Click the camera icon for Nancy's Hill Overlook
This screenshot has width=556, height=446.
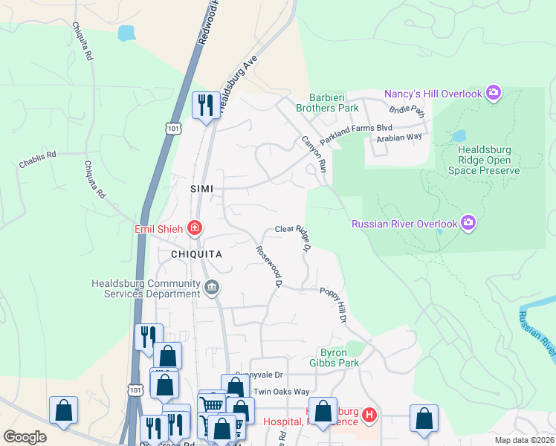(x=493, y=93)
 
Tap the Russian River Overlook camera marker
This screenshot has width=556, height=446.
(x=468, y=222)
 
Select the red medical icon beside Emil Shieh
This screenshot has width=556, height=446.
(x=194, y=228)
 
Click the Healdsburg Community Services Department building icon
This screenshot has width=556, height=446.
(x=213, y=288)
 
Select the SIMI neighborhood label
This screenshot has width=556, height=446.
(x=202, y=190)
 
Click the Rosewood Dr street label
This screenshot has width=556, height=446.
(x=270, y=266)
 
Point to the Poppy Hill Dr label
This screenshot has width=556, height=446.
(x=334, y=305)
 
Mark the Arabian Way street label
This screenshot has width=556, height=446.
(x=398, y=138)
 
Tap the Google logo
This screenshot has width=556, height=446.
(x=25, y=437)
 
